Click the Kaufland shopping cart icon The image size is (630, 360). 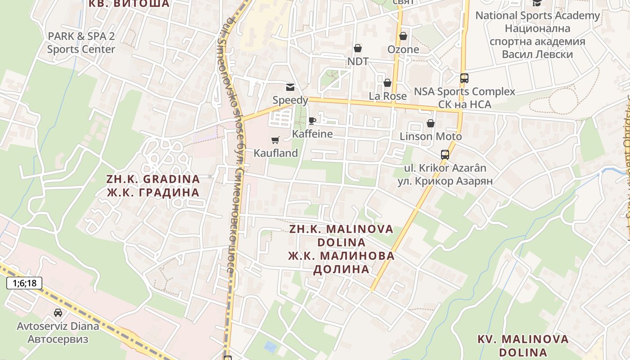pos(275,140)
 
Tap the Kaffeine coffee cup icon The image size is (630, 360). pos(312,121)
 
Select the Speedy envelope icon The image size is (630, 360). pos(290,87)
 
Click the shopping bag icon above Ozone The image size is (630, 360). pos(403,36)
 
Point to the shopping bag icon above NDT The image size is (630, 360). pos(358,48)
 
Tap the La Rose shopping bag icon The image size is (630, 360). pos(387,83)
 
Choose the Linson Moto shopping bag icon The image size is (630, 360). pos(431,123)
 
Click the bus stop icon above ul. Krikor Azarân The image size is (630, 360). pos(445,155)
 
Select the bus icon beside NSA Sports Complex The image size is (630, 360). pos(464,78)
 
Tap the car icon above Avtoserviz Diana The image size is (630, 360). pos(58,312)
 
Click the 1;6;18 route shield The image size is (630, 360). pos(24,283)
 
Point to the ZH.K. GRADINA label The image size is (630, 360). pos(153,179)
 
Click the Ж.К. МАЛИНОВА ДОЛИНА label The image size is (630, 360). pos(342,262)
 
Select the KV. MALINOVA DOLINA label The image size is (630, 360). pos(523,345)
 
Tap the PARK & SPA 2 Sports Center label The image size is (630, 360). pos(81,43)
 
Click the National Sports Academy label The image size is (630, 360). pos(537,15)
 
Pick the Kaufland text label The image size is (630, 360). pos(276,153)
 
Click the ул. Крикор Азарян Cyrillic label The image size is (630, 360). pos(445,181)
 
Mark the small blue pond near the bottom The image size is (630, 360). pos(270,346)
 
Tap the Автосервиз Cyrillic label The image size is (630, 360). pos(58,339)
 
